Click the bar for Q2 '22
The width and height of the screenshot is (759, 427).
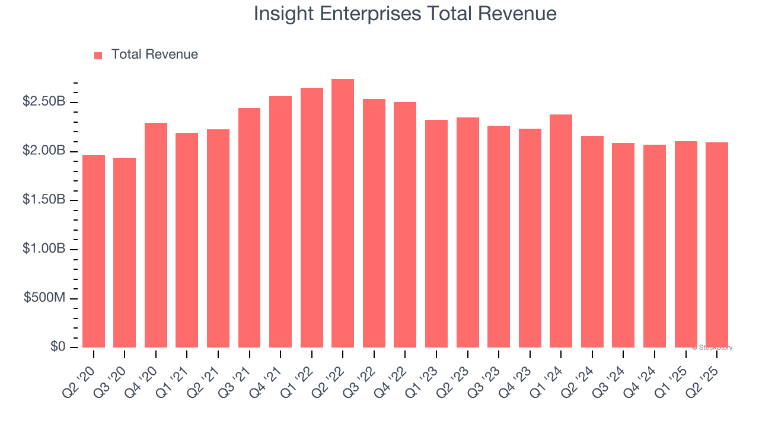pos(343,213)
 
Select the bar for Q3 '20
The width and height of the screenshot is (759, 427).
pos(125,253)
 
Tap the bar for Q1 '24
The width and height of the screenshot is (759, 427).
pos(561,231)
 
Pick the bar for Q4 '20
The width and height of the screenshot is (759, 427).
pos(156,235)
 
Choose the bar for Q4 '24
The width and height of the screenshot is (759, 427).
pos(655,246)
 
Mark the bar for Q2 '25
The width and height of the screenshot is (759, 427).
pos(717,245)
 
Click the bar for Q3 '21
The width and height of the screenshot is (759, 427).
pos(249,228)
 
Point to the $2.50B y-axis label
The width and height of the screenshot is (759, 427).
pos(44,102)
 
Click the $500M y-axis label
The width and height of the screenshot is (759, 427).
pos(44,298)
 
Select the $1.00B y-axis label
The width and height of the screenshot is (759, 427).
pos(44,249)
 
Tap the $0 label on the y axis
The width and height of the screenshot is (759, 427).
pos(58,347)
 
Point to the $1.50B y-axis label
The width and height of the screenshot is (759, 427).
pos(44,200)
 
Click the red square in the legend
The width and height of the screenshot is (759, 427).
pos(98,55)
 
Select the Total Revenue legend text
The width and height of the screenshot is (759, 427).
pos(154,55)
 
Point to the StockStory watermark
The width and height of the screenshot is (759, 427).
pos(712,348)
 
